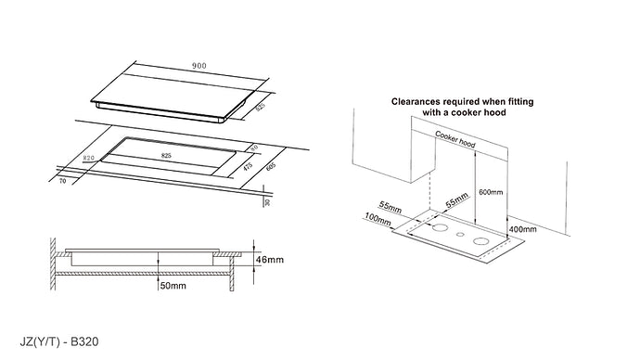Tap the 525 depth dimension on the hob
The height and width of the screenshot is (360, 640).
[260, 109]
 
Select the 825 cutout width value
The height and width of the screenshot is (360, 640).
[166, 156]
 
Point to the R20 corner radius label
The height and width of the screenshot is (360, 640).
[90, 159]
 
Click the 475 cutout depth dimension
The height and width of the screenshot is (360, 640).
[248, 168]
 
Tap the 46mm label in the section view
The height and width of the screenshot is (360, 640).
[270, 261]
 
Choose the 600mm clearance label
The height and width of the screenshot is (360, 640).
[491, 193]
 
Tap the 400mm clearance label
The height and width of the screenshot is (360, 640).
[525, 228]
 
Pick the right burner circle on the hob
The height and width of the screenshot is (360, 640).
[482, 245]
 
